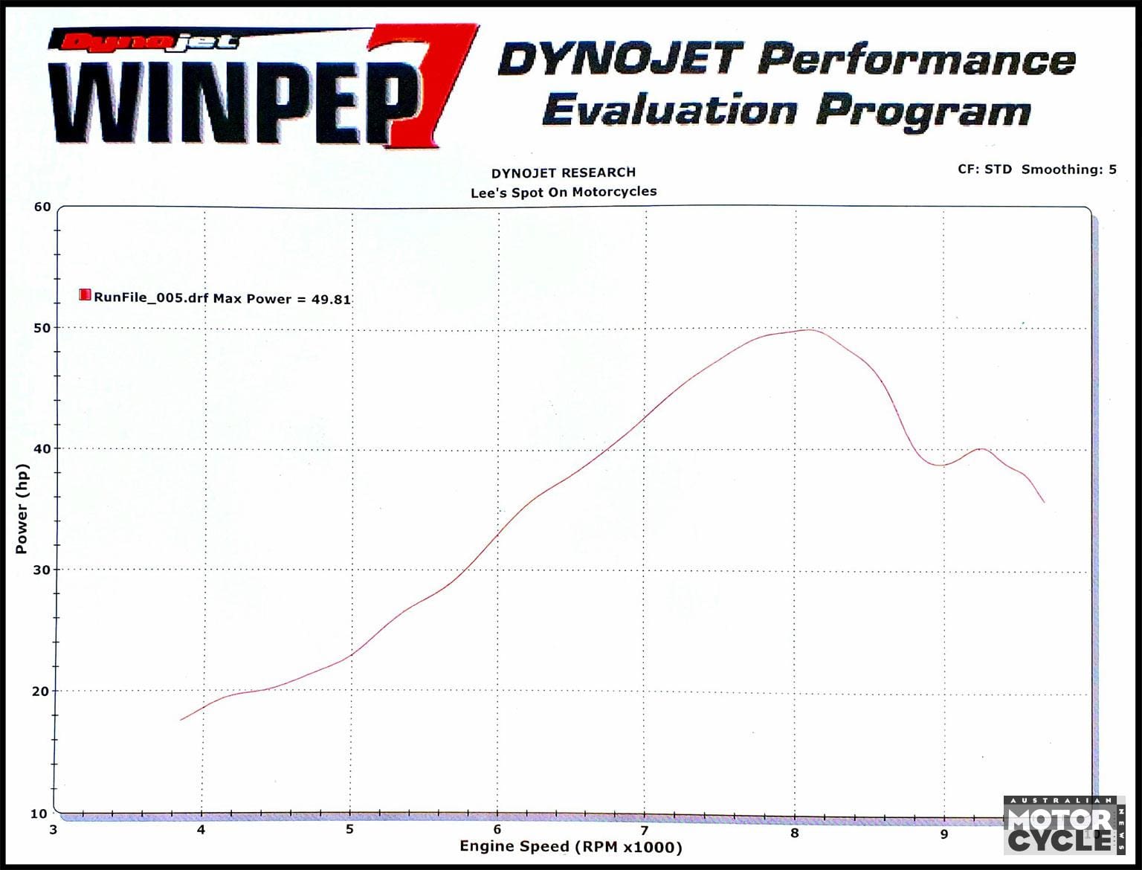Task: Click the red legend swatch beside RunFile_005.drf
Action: (x=85, y=295)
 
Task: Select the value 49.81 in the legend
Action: (x=331, y=299)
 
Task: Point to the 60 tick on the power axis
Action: (x=42, y=207)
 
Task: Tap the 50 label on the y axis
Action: (x=42, y=328)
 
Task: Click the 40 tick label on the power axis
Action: (x=42, y=448)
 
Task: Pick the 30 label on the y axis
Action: (x=42, y=570)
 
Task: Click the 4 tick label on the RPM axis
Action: (x=201, y=830)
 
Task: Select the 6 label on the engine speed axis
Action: (x=497, y=830)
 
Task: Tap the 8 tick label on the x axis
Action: (x=795, y=833)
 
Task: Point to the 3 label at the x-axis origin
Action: (x=54, y=830)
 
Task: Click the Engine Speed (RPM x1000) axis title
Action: (x=570, y=846)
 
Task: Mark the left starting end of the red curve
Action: (x=181, y=720)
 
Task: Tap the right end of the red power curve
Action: (x=1044, y=503)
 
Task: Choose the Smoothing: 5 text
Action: (x=1068, y=170)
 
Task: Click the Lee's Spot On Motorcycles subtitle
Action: (x=564, y=192)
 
